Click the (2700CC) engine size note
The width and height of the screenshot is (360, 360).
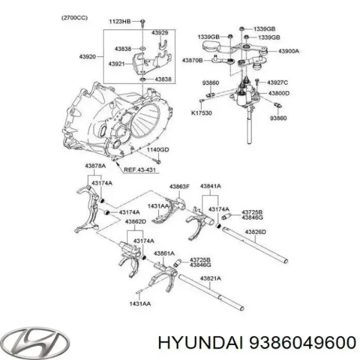pos(74,17)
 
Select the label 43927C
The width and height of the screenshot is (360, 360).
pos(278,82)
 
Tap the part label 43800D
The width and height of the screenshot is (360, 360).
pos(278,94)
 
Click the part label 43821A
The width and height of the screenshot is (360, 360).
pos(211,278)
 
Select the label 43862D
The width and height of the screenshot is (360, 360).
pos(136,221)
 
